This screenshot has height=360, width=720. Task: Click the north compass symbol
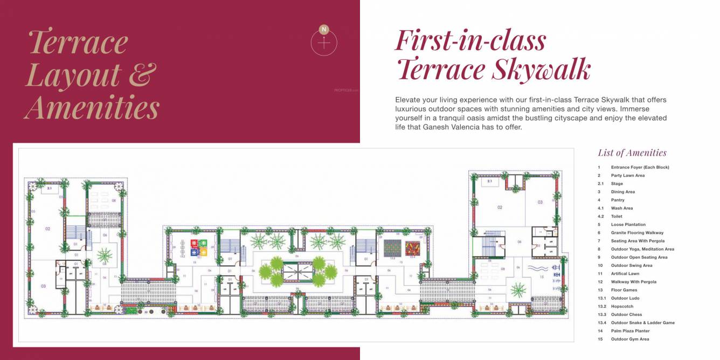(324, 41)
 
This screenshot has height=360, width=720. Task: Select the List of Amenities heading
(632, 153)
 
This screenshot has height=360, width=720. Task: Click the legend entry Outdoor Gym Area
(629, 339)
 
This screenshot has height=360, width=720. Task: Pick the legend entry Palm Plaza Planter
(630, 331)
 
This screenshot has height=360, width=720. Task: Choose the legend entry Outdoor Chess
(626, 315)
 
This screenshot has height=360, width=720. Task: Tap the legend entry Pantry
(618, 200)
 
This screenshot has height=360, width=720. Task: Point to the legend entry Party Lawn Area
(627, 176)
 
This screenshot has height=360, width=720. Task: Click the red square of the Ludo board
(194, 244)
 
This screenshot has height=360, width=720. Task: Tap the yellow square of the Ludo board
(203, 251)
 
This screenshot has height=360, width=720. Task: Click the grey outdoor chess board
(392, 248)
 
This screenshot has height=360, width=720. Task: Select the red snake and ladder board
(412, 248)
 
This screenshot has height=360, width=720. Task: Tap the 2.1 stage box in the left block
(49, 188)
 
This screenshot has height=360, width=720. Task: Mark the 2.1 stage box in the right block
(489, 182)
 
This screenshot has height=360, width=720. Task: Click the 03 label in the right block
(540, 202)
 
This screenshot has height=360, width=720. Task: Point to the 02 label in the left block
(47, 229)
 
